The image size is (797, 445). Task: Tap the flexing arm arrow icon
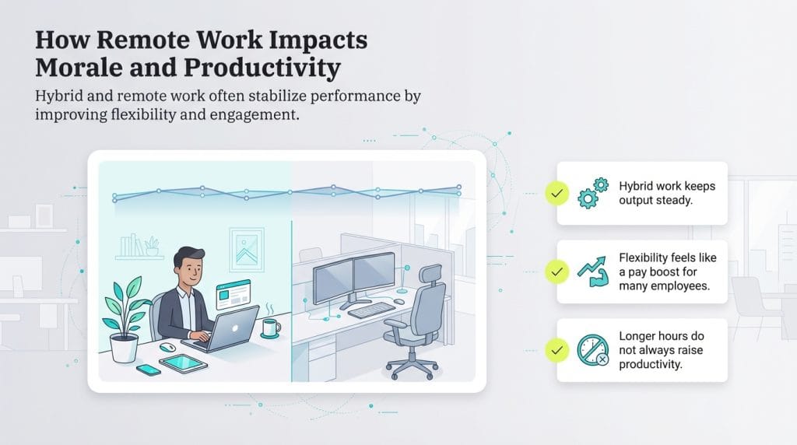point(593,270)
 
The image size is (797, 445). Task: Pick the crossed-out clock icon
point(593,349)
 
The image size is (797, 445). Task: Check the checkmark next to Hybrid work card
point(556,193)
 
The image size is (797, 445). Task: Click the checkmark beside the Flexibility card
point(556,271)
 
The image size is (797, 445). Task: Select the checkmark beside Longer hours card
point(556,350)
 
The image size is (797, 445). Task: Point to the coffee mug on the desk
point(269,328)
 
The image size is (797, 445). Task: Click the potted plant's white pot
point(123,348)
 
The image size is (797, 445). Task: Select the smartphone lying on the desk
point(148,370)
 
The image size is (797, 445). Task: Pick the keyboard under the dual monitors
point(372,310)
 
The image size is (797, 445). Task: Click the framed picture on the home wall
point(247,248)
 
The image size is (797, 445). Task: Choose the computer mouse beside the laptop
point(167,347)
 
